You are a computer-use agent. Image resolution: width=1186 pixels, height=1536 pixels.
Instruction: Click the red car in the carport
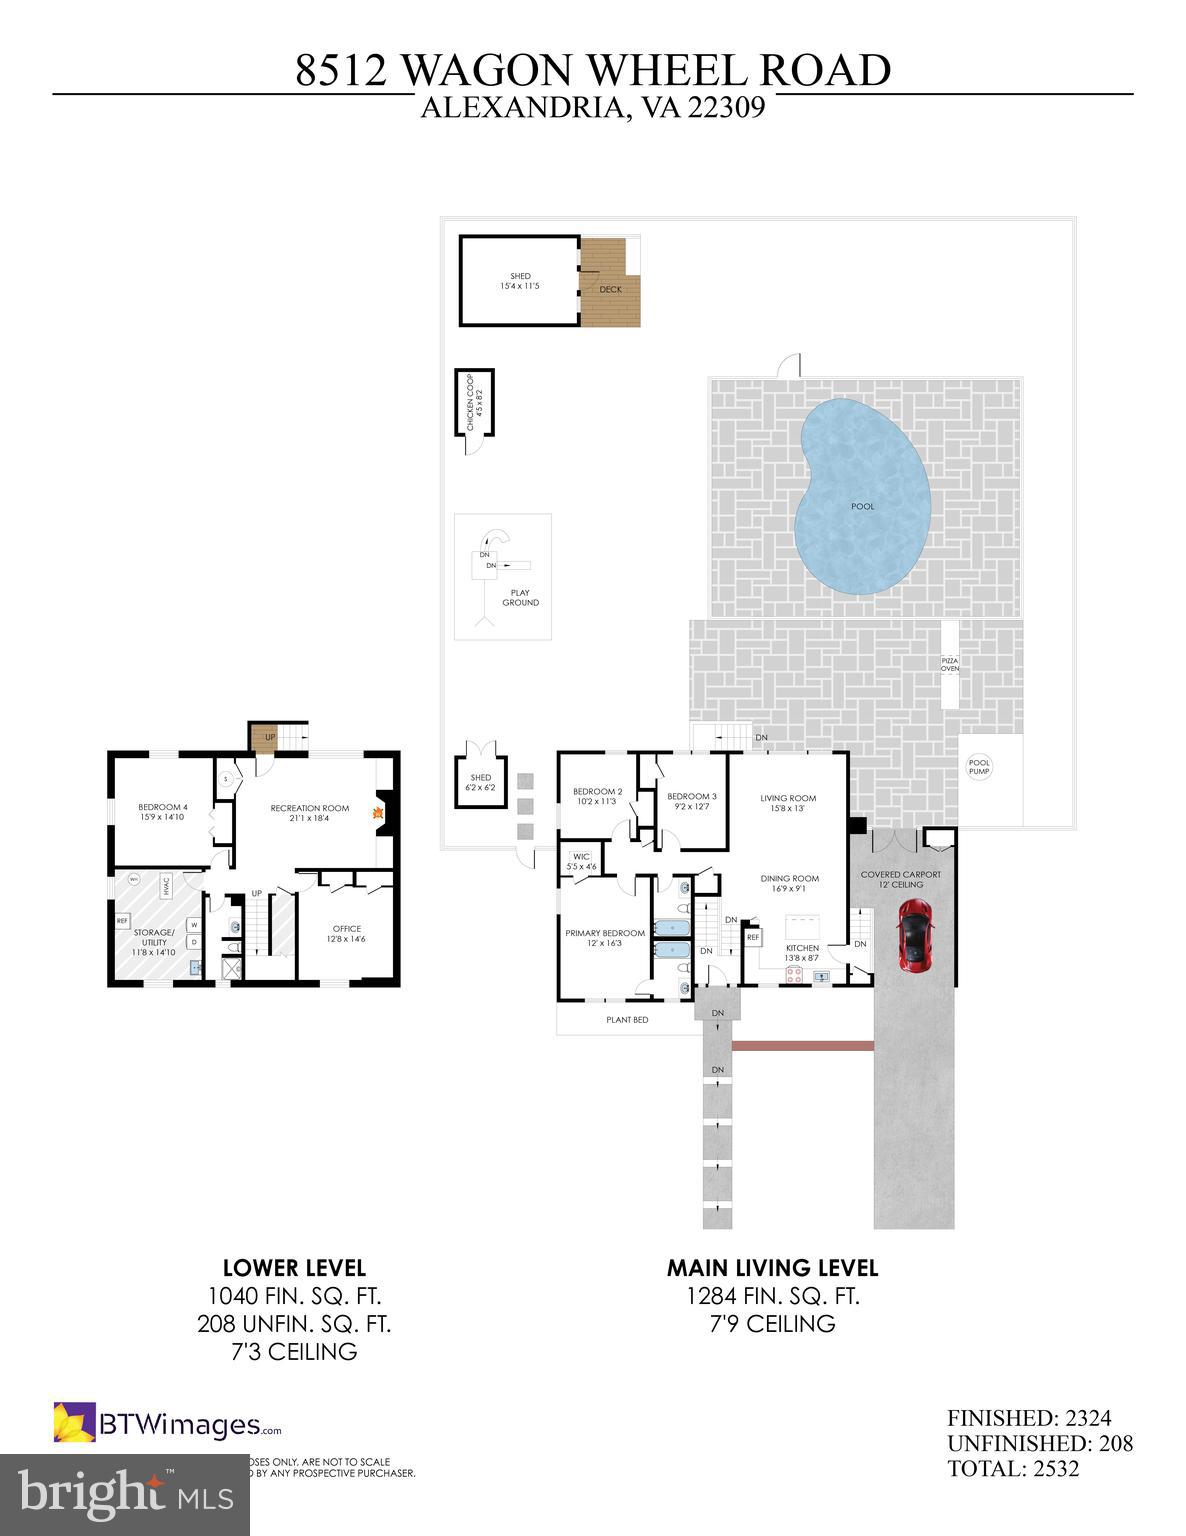coord(913,934)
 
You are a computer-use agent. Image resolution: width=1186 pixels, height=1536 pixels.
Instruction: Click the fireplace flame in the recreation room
coord(379,814)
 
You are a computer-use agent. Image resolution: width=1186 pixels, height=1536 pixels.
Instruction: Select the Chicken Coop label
coord(475,402)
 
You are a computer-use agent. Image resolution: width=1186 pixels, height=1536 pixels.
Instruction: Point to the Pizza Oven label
coord(949,664)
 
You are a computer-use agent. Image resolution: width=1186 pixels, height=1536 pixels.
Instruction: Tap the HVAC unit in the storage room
coord(167,885)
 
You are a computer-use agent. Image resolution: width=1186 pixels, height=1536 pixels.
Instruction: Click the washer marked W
coord(195,925)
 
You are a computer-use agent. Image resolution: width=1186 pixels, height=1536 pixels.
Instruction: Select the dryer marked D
coord(195,942)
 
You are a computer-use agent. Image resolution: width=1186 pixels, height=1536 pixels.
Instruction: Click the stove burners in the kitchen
coord(794,976)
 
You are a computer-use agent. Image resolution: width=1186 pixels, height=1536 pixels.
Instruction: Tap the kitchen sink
coord(822,977)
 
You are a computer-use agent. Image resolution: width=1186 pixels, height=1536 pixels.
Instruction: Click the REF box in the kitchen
coord(752,938)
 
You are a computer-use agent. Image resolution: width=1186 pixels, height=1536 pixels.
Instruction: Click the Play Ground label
coord(520,598)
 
